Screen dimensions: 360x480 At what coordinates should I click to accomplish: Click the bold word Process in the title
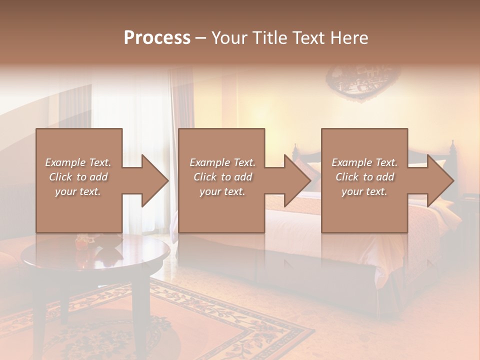tap(157, 38)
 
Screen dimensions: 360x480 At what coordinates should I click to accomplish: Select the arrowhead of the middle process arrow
tap(297, 180)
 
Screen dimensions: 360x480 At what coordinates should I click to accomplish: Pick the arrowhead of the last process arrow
tap(440, 180)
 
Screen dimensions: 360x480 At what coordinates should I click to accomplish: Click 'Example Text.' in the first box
tap(78, 162)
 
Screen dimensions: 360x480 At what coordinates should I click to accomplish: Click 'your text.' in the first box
tap(78, 191)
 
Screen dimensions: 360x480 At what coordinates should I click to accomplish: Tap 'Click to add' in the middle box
tap(222, 177)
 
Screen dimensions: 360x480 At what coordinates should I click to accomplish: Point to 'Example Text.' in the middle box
tap(222, 162)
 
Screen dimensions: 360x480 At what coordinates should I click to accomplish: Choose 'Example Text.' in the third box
tap(364, 162)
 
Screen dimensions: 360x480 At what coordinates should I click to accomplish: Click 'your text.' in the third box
tap(364, 191)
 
